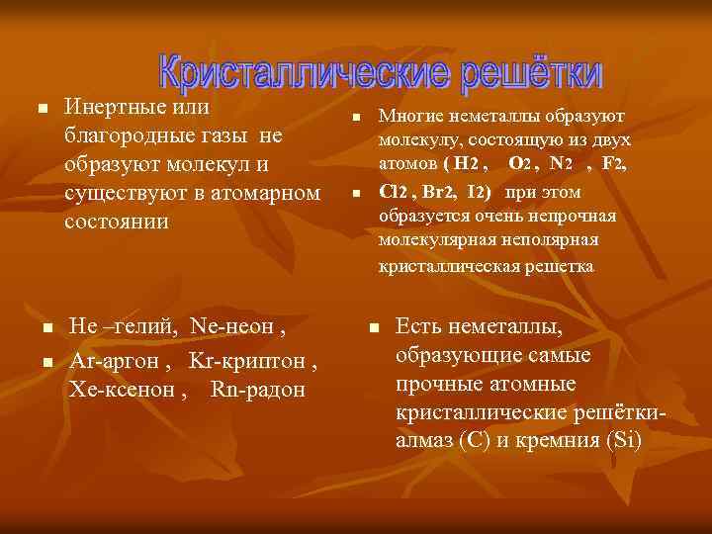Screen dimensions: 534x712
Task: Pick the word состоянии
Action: point(116,221)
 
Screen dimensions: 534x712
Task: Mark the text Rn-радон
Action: point(258,389)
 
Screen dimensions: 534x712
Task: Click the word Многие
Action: point(408,116)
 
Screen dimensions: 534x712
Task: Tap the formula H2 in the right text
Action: point(465,163)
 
